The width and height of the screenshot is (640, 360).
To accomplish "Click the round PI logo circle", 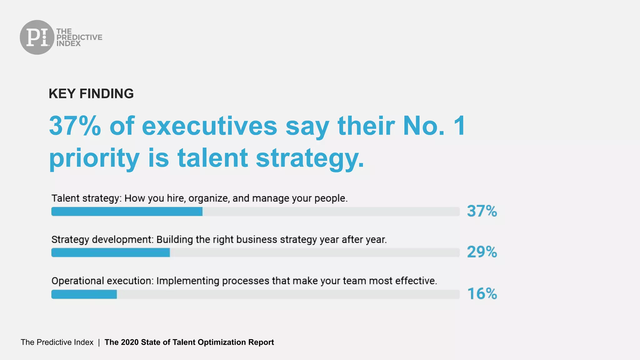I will tap(37, 37).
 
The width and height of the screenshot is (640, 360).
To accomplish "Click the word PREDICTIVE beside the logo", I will tap(79, 37).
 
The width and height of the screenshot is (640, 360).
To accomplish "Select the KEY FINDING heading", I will tap(91, 93).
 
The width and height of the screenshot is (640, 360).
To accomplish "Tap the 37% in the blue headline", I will tap(75, 126).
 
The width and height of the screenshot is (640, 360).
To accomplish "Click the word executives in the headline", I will tap(209, 126).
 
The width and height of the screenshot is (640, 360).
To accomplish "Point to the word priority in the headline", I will tap(94, 158).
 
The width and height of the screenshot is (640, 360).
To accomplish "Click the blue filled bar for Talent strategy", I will tap(127, 212).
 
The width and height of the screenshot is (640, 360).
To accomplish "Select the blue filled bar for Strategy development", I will tap(110, 252).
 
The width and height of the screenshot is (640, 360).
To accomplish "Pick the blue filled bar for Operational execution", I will tap(84, 294).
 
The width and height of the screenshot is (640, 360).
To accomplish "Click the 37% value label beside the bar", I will tap(482, 211).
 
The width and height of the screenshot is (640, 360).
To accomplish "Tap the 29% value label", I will tap(482, 252).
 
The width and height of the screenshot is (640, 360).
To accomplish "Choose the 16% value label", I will tap(482, 294).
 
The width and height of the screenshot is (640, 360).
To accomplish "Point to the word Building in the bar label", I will tap(175, 240).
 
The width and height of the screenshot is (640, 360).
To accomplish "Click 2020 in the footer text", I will tap(130, 342).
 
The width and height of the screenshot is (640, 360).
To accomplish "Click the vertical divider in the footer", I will tap(99, 342).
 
